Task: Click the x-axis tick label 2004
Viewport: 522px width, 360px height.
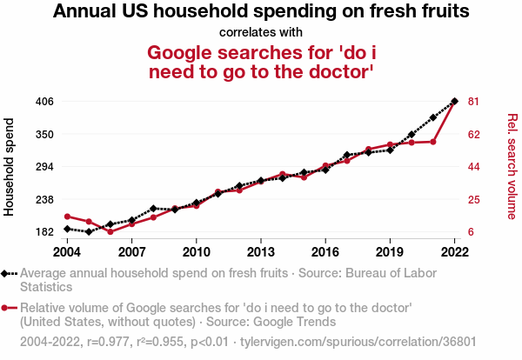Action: tap(67, 252)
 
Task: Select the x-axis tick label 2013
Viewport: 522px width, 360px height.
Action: tap(261, 252)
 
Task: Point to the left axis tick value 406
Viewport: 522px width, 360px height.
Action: tap(44, 102)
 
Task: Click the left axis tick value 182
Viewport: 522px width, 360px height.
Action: tap(44, 232)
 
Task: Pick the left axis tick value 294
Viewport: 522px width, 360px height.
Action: tap(44, 167)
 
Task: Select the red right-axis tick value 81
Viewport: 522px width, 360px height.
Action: tap(474, 102)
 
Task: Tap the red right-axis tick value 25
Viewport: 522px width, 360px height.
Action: tap(474, 200)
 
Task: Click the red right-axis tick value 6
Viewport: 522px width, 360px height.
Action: tap(472, 232)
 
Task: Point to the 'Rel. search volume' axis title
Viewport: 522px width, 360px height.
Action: tap(512, 166)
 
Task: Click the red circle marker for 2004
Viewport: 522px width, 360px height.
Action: tap(67, 217)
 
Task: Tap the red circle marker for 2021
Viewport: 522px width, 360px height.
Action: tap(433, 142)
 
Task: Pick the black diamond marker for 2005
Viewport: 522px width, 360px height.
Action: tap(89, 232)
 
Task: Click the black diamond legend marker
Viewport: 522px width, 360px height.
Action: tap(6, 274)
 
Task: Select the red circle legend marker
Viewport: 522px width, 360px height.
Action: tap(6, 308)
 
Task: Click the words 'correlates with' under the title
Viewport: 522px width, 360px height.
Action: tap(261, 33)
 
